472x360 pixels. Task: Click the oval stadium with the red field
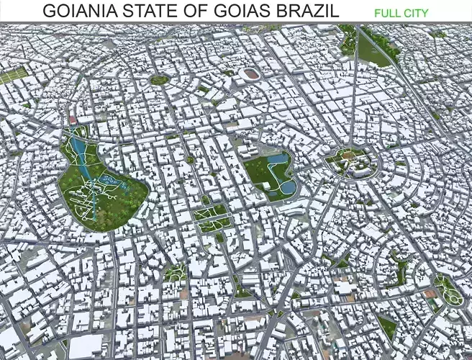pos(250,73)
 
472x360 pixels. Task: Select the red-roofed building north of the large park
pos(71,120)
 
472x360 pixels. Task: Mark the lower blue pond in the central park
pos(287,187)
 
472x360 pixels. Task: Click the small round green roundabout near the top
pos(160,79)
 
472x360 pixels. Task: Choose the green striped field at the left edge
pos(12,75)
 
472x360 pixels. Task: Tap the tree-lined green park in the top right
pos(374,48)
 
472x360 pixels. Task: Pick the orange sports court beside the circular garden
pos(430,294)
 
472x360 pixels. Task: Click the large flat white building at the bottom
pos(89,346)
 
